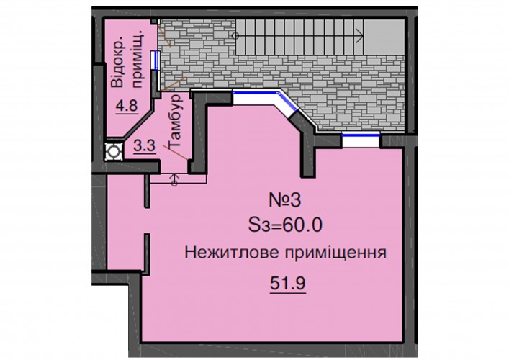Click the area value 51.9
point(287,284)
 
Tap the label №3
point(285,200)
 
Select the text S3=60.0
point(285,225)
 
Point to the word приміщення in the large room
point(335,253)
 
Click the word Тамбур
point(175,121)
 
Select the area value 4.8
point(127,106)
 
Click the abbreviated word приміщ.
point(138,60)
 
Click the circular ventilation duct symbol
point(114,152)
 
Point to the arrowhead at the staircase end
point(360,35)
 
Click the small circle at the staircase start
point(236,35)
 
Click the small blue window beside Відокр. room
point(156,60)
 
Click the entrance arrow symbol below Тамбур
point(174,181)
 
